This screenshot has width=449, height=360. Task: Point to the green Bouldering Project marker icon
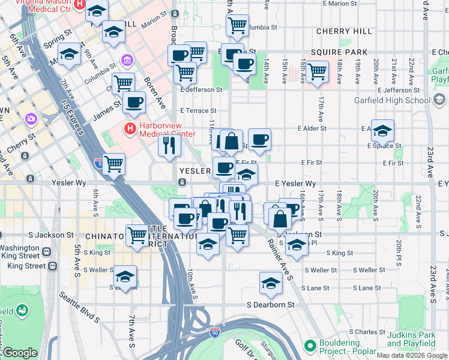tap(310, 346)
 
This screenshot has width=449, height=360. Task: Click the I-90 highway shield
tap(215, 332)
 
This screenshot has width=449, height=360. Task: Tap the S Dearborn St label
tap(271, 305)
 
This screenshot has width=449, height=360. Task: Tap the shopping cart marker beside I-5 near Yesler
tap(113, 164)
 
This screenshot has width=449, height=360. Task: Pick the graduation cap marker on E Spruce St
tap(382, 131)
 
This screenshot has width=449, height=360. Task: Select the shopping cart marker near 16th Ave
tap(316, 71)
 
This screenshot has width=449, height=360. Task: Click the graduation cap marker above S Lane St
tap(271, 283)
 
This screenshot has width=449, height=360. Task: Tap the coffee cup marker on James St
tap(134, 102)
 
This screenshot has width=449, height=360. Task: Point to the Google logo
tap(19, 353)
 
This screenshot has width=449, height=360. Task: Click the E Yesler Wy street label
tap(295, 183)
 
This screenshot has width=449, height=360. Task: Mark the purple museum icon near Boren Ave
tap(127, 60)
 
